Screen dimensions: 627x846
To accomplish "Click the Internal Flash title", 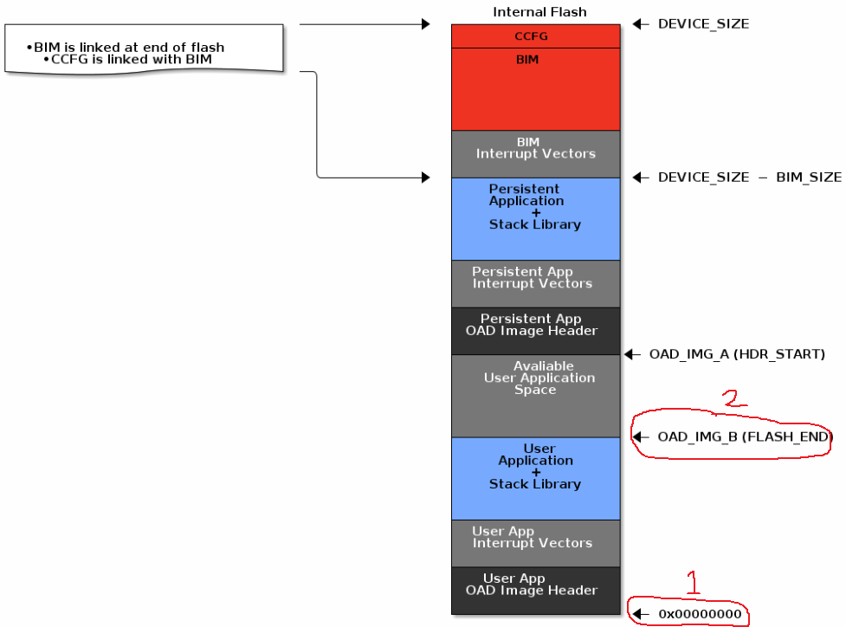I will click(x=539, y=12).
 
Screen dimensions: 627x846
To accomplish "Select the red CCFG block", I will click(x=536, y=36).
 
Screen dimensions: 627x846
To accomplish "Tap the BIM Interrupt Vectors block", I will click(x=536, y=153).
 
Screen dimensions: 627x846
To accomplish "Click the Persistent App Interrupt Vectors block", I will click(x=536, y=283).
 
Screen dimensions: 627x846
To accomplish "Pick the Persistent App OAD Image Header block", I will click(x=536, y=331).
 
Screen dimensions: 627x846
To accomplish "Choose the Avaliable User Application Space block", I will click(x=536, y=395).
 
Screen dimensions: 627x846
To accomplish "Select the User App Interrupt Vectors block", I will click(x=536, y=543).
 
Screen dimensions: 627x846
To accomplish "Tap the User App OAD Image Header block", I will click(x=536, y=591).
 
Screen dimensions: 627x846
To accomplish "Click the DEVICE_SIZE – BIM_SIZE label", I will click(x=749, y=178).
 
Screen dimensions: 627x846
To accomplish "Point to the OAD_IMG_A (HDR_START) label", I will click(x=737, y=354).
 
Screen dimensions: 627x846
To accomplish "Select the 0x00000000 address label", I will click(x=700, y=614).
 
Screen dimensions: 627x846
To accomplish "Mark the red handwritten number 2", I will click(x=732, y=398).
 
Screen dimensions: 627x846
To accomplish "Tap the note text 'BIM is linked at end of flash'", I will click(x=129, y=47).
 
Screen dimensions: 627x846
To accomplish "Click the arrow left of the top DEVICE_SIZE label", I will click(x=641, y=24).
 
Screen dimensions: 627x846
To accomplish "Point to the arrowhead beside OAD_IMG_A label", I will click(x=631, y=354).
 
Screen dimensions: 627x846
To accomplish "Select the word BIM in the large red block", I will click(x=527, y=60).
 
